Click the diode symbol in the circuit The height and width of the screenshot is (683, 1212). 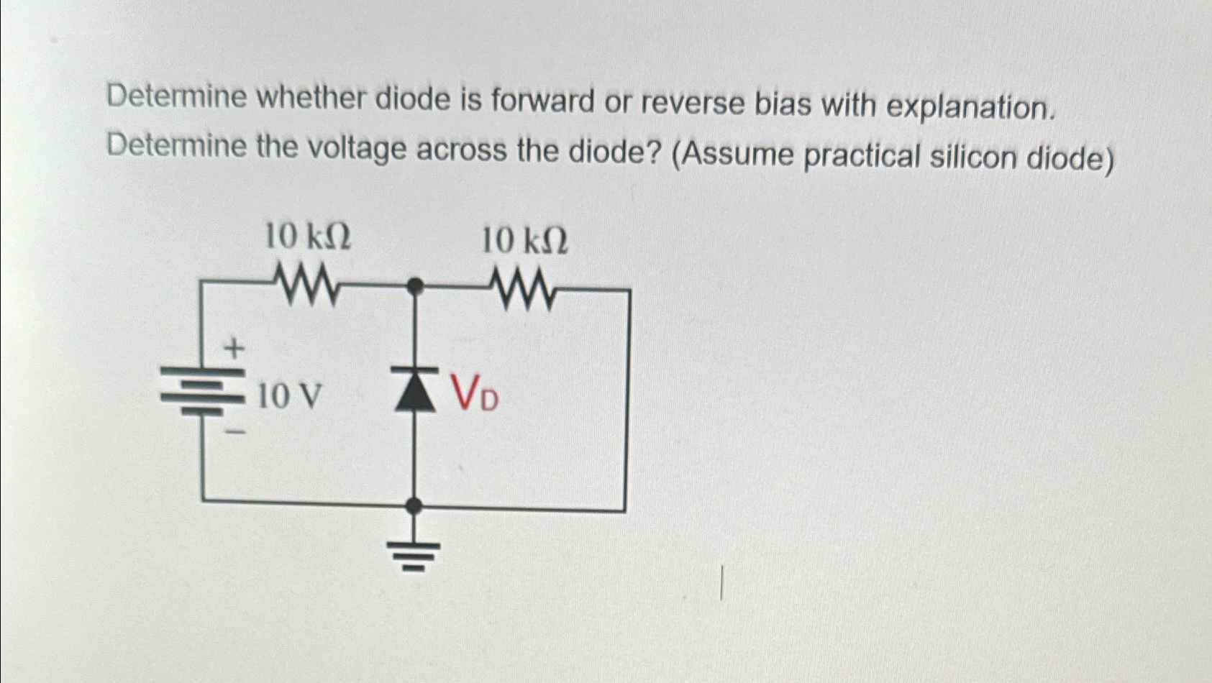tap(414, 391)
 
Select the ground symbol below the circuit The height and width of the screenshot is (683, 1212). tap(413, 554)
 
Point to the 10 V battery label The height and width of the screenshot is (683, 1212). tap(288, 396)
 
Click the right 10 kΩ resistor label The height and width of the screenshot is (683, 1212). tap(524, 240)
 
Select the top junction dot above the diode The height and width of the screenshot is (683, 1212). tap(414, 287)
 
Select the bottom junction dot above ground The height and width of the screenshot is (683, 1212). tap(413, 506)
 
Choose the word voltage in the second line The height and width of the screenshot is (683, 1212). tap(357, 149)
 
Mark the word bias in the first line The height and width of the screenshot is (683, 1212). tap(782, 105)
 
